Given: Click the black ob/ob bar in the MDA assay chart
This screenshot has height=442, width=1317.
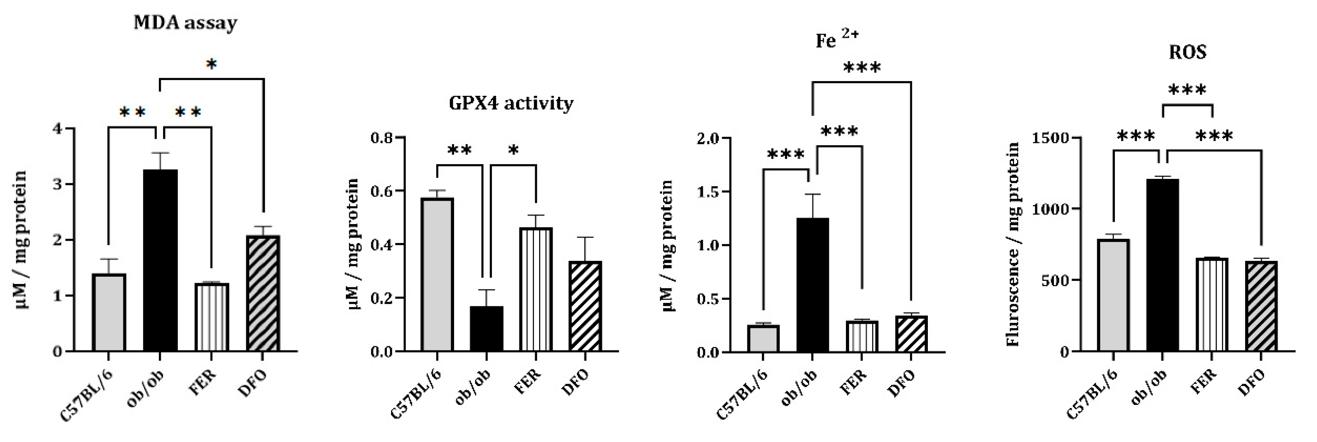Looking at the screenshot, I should pyautogui.click(x=160, y=260).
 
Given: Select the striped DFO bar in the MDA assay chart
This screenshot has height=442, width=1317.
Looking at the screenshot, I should pyautogui.click(x=263, y=294).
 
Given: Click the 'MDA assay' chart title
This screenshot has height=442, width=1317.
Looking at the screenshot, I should pyautogui.click(x=185, y=23).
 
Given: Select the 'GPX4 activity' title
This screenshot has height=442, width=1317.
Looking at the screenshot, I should pyautogui.click(x=511, y=103).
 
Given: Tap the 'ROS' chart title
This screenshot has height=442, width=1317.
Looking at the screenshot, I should pyautogui.click(x=1187, y=52).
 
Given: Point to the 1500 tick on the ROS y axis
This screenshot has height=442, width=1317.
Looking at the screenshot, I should pyautogui.click(x=1050, y=138).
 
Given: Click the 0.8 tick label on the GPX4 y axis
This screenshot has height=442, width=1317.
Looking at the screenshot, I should pyautogui.click(x=383, y=138).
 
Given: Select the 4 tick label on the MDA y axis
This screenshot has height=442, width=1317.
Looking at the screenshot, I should pyautogui.click(x=57, y=128).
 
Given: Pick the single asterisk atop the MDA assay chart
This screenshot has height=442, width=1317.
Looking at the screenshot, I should pyautogui.click(x=211, y=65).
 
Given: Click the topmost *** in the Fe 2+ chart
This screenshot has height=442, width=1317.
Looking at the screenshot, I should pyautogui.click(x=861, y=68).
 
